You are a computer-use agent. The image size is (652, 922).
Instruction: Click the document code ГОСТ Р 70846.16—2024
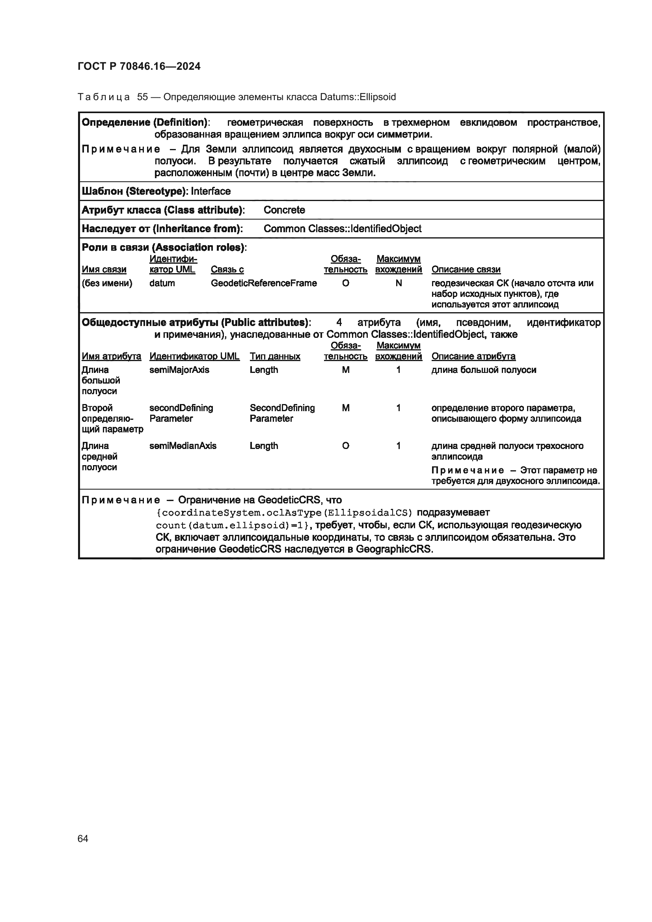coord(139,66)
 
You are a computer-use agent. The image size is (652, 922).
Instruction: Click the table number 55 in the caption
coord(142,97)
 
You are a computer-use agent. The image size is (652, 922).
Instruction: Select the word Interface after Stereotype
coord(211,191)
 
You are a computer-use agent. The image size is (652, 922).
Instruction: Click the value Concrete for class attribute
coord(284,210)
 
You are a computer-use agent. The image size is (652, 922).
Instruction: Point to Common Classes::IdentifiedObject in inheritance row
coord(343,229)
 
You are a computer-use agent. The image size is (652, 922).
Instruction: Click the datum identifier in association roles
coord(162,283)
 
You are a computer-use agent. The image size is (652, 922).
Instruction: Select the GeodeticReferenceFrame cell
coord(264,283)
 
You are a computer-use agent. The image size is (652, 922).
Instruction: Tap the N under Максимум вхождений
coord(398,283)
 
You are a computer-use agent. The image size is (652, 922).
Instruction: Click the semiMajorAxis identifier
coord(179,370)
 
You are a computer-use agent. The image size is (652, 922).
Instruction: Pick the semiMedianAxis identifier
coord(183,446)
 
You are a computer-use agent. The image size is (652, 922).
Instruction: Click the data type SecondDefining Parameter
coord(282,413)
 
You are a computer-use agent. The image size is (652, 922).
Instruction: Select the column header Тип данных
coord(275,356)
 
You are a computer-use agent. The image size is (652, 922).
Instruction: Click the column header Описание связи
coord(466,270)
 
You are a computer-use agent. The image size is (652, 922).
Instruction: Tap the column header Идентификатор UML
coord(194,356)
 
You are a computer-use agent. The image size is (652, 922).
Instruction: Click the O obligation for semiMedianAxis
coord(345,446)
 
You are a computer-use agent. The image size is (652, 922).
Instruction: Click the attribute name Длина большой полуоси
coord(101,380)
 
